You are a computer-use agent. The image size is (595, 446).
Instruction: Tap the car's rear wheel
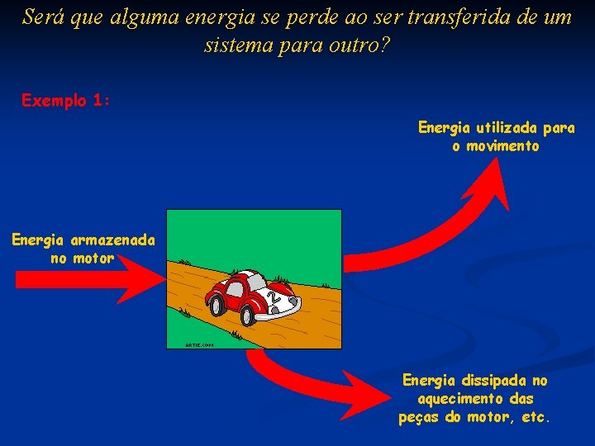[219, 306]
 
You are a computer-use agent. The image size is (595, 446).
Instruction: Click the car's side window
[235, 289]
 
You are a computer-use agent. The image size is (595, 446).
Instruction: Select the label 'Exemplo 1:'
[66, 101]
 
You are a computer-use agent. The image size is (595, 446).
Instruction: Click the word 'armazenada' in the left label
[112, 240]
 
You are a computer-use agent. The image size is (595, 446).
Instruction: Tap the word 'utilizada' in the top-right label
[505, 128]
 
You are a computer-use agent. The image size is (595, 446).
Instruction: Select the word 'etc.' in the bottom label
[535, 417]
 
